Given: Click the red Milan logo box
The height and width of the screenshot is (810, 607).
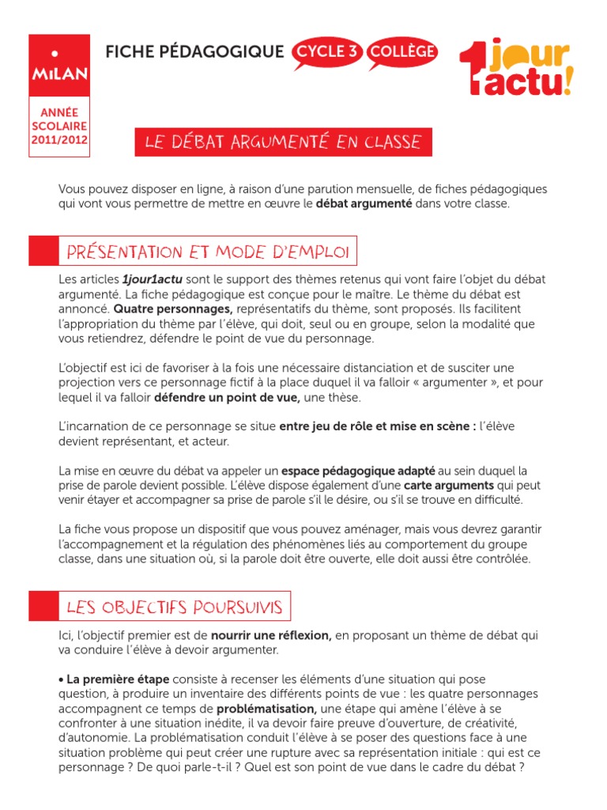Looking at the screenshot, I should click(59, 64).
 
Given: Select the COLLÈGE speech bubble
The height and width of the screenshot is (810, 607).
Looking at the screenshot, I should click(402, 52).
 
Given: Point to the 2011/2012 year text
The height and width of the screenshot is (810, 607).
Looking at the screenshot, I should click(59, 140).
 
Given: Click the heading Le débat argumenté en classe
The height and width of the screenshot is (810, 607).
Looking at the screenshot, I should click(283, 142).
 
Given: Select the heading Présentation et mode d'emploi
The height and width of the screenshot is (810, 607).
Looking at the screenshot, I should click(208, 252).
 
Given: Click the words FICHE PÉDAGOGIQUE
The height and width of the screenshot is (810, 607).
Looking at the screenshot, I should click(194, 52).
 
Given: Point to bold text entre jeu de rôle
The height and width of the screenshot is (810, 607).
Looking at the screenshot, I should click(328, 426).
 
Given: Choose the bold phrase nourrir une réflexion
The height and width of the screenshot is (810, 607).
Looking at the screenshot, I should click(271, 635).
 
